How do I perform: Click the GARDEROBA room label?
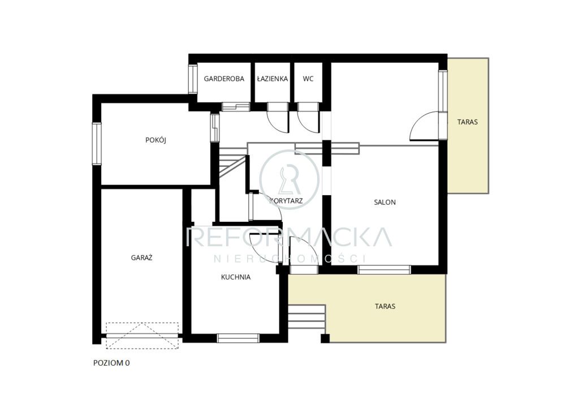click(x=224, y=79)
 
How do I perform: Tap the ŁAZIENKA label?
click(x=273, y=79)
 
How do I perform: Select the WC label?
click(x=308, y=79)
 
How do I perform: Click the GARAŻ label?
click(x=142, y=257)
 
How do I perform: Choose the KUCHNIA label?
click(x=236, y=277)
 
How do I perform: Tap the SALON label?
click(x=384, y=202)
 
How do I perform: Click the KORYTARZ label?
click(x=287, y=201)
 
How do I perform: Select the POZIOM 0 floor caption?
click(x=111, y=363)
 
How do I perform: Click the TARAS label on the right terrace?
click(x=468, y=122)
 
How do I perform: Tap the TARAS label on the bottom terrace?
click(x=385, y=306)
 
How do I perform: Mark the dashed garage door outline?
click(x=142, y=336)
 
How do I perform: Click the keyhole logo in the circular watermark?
click(x=289, y=180)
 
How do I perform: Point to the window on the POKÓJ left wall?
click(x=96, y=144)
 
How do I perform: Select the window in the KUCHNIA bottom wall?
click(x=238, y=338)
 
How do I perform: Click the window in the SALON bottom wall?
click(x=384, y=270)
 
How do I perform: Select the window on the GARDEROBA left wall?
click(x=193, y=79)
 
